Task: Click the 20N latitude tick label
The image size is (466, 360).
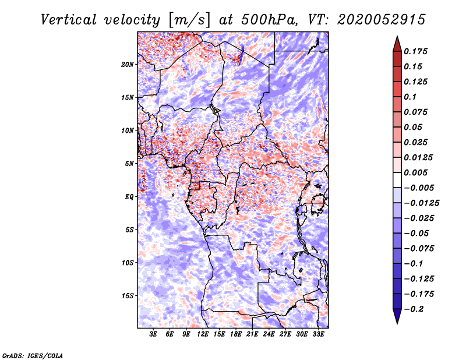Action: pyautogui.click(x=128, y=64)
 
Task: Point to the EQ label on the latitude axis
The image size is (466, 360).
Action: pyautogui.click(x=129, y=197)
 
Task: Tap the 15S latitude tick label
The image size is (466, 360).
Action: pyautogui.click(x=128, y=296)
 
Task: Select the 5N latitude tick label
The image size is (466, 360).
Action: pyautogui.click(x=130, y=164)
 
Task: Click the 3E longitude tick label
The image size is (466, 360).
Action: pyautogui.click(x=154, y=334)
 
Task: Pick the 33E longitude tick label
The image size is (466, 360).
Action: pyautogui.click(x=318, y=334)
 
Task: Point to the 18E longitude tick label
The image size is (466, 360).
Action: pyautogui.click(x=236, y=334)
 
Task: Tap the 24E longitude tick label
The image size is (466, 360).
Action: pyautogui.click(x=269, y=334)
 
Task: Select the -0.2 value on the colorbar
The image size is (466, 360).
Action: pyautogui.click(x=415, y=309)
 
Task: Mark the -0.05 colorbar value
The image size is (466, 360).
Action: pyautogui.click(x=415, y=233)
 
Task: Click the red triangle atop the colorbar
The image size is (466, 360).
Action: pyautogui.click(x=397, y=43)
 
